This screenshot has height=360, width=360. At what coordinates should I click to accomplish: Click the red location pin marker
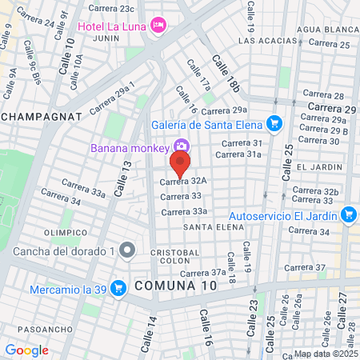[x=181, y=166]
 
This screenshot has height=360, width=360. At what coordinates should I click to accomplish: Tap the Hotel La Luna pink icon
[x=159, y=26]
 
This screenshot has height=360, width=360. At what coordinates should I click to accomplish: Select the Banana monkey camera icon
[x=182, y=147]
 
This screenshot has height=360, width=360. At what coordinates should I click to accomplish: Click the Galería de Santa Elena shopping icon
[x=274, y=123]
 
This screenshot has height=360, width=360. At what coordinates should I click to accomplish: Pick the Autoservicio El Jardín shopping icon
[x=348, y=214]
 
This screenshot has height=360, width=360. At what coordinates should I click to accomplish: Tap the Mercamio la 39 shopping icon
[x=118, y=287]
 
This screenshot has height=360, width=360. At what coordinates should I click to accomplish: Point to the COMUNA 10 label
[x=174, y=286]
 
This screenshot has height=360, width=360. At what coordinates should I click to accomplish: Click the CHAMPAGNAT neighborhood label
[x=42, y=116]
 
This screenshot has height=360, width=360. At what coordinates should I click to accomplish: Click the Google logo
[x=26, y=350]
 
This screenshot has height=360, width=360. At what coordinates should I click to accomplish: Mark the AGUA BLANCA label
[x=324, y=29]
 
